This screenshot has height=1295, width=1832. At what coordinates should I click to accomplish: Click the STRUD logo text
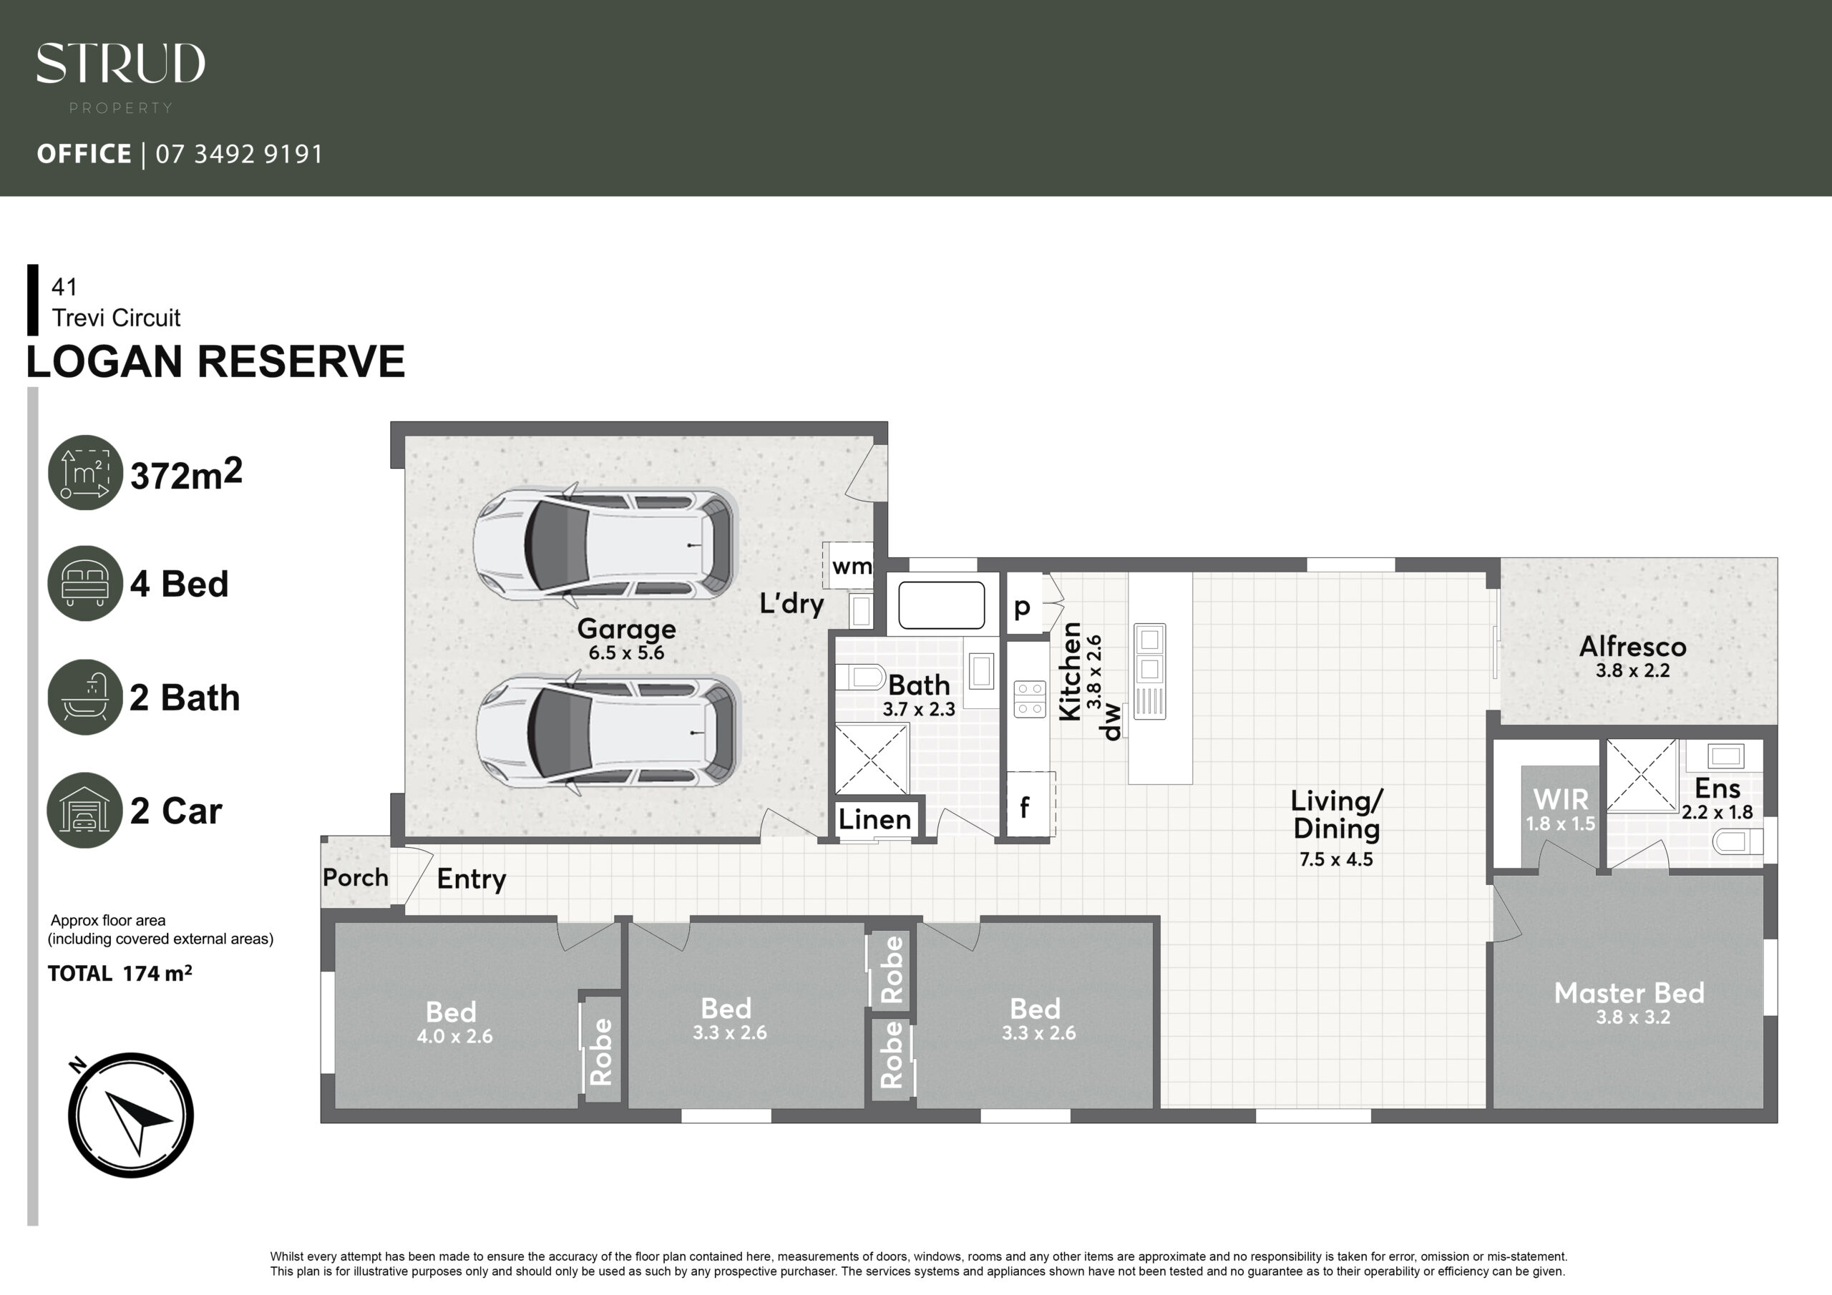point(120,63)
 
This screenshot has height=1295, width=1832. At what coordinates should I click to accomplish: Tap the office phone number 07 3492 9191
point(239,153)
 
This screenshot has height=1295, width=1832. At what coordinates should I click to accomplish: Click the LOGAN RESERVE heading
point(215,361)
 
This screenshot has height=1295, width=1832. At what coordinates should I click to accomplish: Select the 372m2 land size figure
point(186,474)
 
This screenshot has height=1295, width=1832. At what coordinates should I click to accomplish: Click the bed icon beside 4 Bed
point(85,582)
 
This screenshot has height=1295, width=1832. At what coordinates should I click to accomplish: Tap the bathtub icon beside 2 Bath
point(85,697)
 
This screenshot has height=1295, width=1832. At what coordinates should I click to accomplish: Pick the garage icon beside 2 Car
point(85,810)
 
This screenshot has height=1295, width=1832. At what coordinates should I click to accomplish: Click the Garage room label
point(626,629)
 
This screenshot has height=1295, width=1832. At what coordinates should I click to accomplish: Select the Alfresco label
point(1632,646)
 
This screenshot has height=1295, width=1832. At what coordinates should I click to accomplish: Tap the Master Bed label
point(1629,992)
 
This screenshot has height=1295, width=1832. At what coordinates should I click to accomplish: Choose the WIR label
point(1561,798)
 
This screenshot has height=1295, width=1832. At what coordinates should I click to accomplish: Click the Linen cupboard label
point(874,819)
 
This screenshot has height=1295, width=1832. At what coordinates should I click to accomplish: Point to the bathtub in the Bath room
point(942,605)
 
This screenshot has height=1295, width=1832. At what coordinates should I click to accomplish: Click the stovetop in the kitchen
point(1029,699)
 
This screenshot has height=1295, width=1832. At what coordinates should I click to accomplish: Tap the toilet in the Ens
point(1737,841)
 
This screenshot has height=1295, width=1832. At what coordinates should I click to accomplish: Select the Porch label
point(355,878)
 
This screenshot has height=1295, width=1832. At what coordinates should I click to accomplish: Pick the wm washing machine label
point(852,567)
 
